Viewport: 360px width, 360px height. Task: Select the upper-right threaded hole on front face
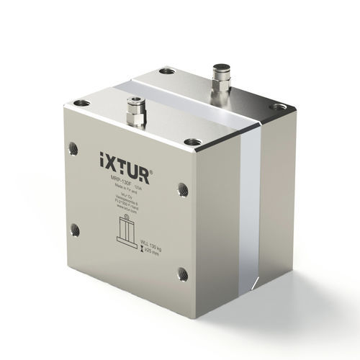183,189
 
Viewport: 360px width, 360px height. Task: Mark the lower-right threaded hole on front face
183,274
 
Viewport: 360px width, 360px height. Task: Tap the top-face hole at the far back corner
166,71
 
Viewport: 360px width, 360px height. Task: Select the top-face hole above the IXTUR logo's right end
191,141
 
